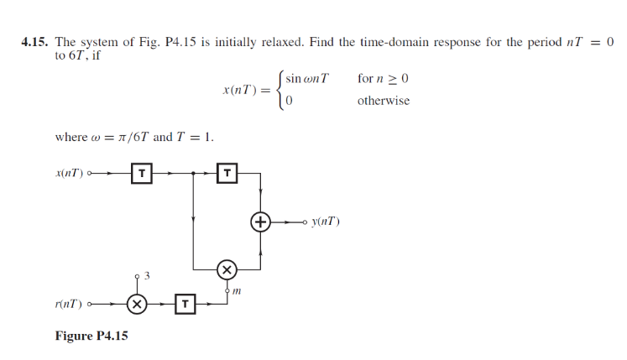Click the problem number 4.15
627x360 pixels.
36,42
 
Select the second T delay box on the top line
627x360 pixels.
227,174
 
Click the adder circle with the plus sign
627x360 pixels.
261,222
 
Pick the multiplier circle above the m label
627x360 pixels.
227,269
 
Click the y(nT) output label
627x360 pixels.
325,222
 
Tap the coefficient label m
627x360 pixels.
237,290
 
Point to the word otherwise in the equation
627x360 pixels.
384,101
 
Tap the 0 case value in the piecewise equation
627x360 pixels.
289,101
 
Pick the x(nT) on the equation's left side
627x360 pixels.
243,89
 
